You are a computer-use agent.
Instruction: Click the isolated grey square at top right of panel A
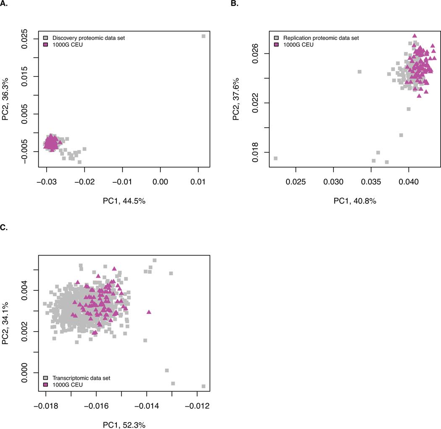[204, 36]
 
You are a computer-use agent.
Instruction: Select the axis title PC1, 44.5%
[122, 201]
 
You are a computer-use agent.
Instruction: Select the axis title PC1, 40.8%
[355, 201]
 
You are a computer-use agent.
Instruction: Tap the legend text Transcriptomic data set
[80, 378]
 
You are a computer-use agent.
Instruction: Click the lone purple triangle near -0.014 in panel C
[149, 312]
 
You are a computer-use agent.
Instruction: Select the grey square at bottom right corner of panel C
[204, 386]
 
